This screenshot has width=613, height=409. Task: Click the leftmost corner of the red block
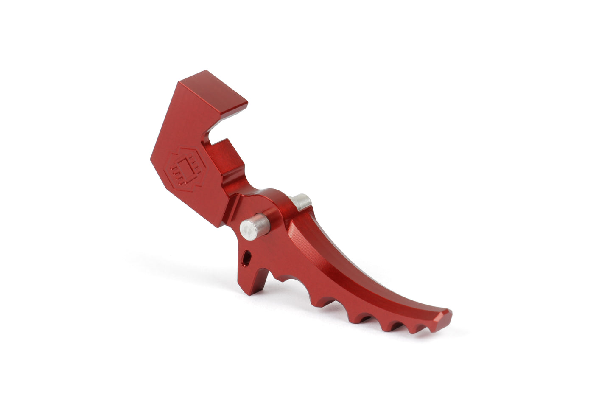coord(151,159)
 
